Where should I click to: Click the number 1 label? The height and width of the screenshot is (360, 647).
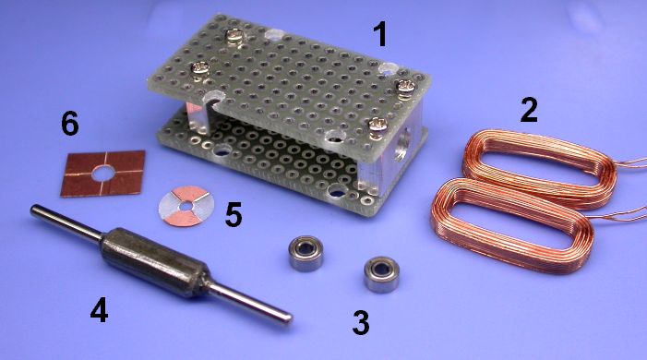(380, 34)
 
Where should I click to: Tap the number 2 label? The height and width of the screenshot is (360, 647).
(529, 110)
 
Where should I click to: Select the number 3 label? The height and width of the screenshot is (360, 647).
(361, 322)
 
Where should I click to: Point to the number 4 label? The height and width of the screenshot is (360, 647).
(100, 309)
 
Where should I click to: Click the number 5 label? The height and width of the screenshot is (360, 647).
(234, 215)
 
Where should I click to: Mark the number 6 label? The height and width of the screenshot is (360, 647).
(70, 124)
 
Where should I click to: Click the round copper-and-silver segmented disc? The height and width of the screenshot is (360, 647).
(186, 206)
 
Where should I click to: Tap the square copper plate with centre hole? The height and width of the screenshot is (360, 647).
(103, 174)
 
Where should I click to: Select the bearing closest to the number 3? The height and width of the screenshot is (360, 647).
(381, 275)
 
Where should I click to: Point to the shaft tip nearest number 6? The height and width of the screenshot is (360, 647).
(33, 210)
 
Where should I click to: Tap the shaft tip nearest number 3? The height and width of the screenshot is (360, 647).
(288, 318)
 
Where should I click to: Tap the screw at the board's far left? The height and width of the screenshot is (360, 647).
(200, 70)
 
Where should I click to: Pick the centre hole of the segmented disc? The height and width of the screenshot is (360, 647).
(187, 206)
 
